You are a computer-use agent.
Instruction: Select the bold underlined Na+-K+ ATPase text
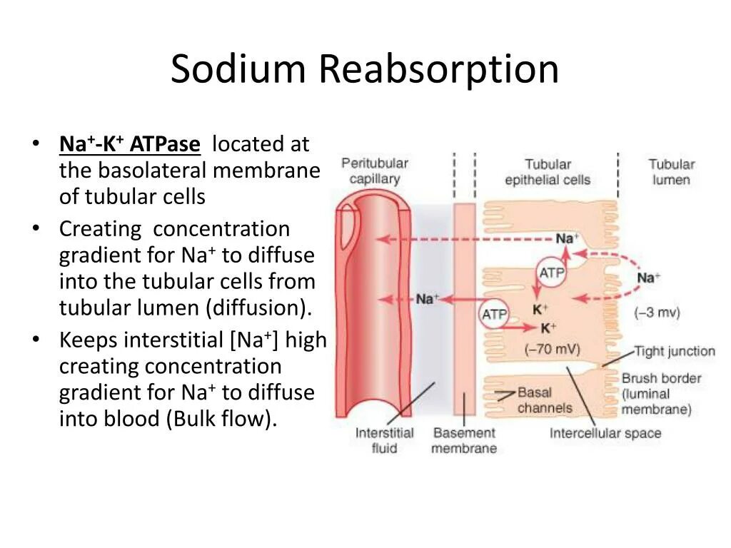click(130, 144)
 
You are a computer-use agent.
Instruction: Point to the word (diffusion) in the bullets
click(260, 308)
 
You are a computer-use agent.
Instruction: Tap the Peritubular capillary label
click(374, 171)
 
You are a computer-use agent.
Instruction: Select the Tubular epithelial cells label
click(548, 172)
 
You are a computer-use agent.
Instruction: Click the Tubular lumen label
click(671, 172)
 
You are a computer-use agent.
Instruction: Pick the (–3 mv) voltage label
click(657, 313)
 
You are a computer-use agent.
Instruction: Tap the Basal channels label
click(545, 400)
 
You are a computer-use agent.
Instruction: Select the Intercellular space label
click(605, 433)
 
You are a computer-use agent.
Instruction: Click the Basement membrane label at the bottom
click(464, 440)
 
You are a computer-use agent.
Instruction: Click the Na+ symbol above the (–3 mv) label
click(648, 278)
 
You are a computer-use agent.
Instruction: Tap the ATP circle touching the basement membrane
click(494, 314)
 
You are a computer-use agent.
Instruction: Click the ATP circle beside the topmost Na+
click(550, 272)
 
